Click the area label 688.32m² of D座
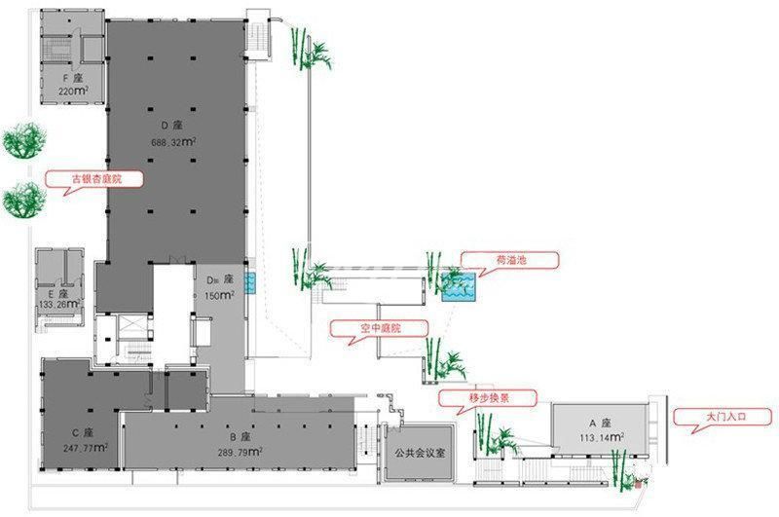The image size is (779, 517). click(173, 142)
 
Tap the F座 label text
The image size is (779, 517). click(72, 79)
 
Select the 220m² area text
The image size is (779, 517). click(73, 91)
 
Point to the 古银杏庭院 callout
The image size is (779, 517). click(95, 180)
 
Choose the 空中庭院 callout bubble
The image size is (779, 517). click(380, 329)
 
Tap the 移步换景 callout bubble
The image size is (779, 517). click(489, 398)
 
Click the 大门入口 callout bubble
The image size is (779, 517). click(724, 417)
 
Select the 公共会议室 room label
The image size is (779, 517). click(420, 453)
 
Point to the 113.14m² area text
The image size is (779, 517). click(601, 437)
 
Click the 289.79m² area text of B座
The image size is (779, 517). click(240, 452)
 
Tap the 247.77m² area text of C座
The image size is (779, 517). click(86, 448)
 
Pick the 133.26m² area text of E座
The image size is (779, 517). click(59, 304)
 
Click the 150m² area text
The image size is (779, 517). click(220, 296)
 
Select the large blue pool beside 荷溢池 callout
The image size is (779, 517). click(458, 286)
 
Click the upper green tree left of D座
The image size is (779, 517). click(23, 140)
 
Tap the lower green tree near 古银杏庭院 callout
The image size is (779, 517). click(23, 201)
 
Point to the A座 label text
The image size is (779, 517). click(600, 424)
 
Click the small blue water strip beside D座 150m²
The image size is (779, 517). click(250, 283)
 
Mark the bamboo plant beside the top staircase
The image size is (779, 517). click(310, 49)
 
